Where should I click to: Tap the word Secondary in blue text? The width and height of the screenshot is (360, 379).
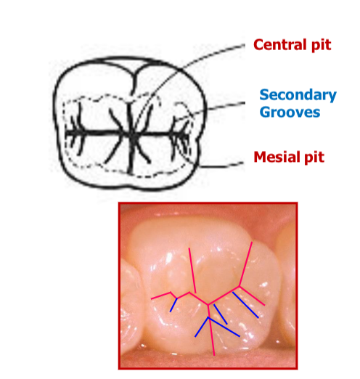pyautogui.click(x=298, y=94)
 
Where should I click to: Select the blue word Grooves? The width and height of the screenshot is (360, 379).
pyautogui.click(x=290, y=112)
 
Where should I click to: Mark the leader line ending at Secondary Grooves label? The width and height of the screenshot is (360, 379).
pyautogui.click(x=210, y=110)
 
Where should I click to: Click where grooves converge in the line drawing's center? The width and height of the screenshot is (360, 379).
pyautogui.click(x=132, y=133)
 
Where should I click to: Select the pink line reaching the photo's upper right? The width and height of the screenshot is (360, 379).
pyautogui.click(x=246, y=264)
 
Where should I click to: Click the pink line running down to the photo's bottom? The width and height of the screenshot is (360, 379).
pyautogui.click(x=211, y=330)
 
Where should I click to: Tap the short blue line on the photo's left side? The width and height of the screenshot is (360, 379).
pyautogui.click(x=173, y=305)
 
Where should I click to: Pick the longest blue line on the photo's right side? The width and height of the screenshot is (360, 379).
pyautogui.click(x=245, y=305)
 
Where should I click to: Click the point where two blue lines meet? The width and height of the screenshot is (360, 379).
pyautogui.click(x=208, y=317)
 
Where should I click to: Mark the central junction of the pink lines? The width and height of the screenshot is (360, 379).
pyautogui.click(x=208, y=304)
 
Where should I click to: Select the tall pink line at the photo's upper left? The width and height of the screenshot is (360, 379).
pyautogui.click(x=192, y=270)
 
